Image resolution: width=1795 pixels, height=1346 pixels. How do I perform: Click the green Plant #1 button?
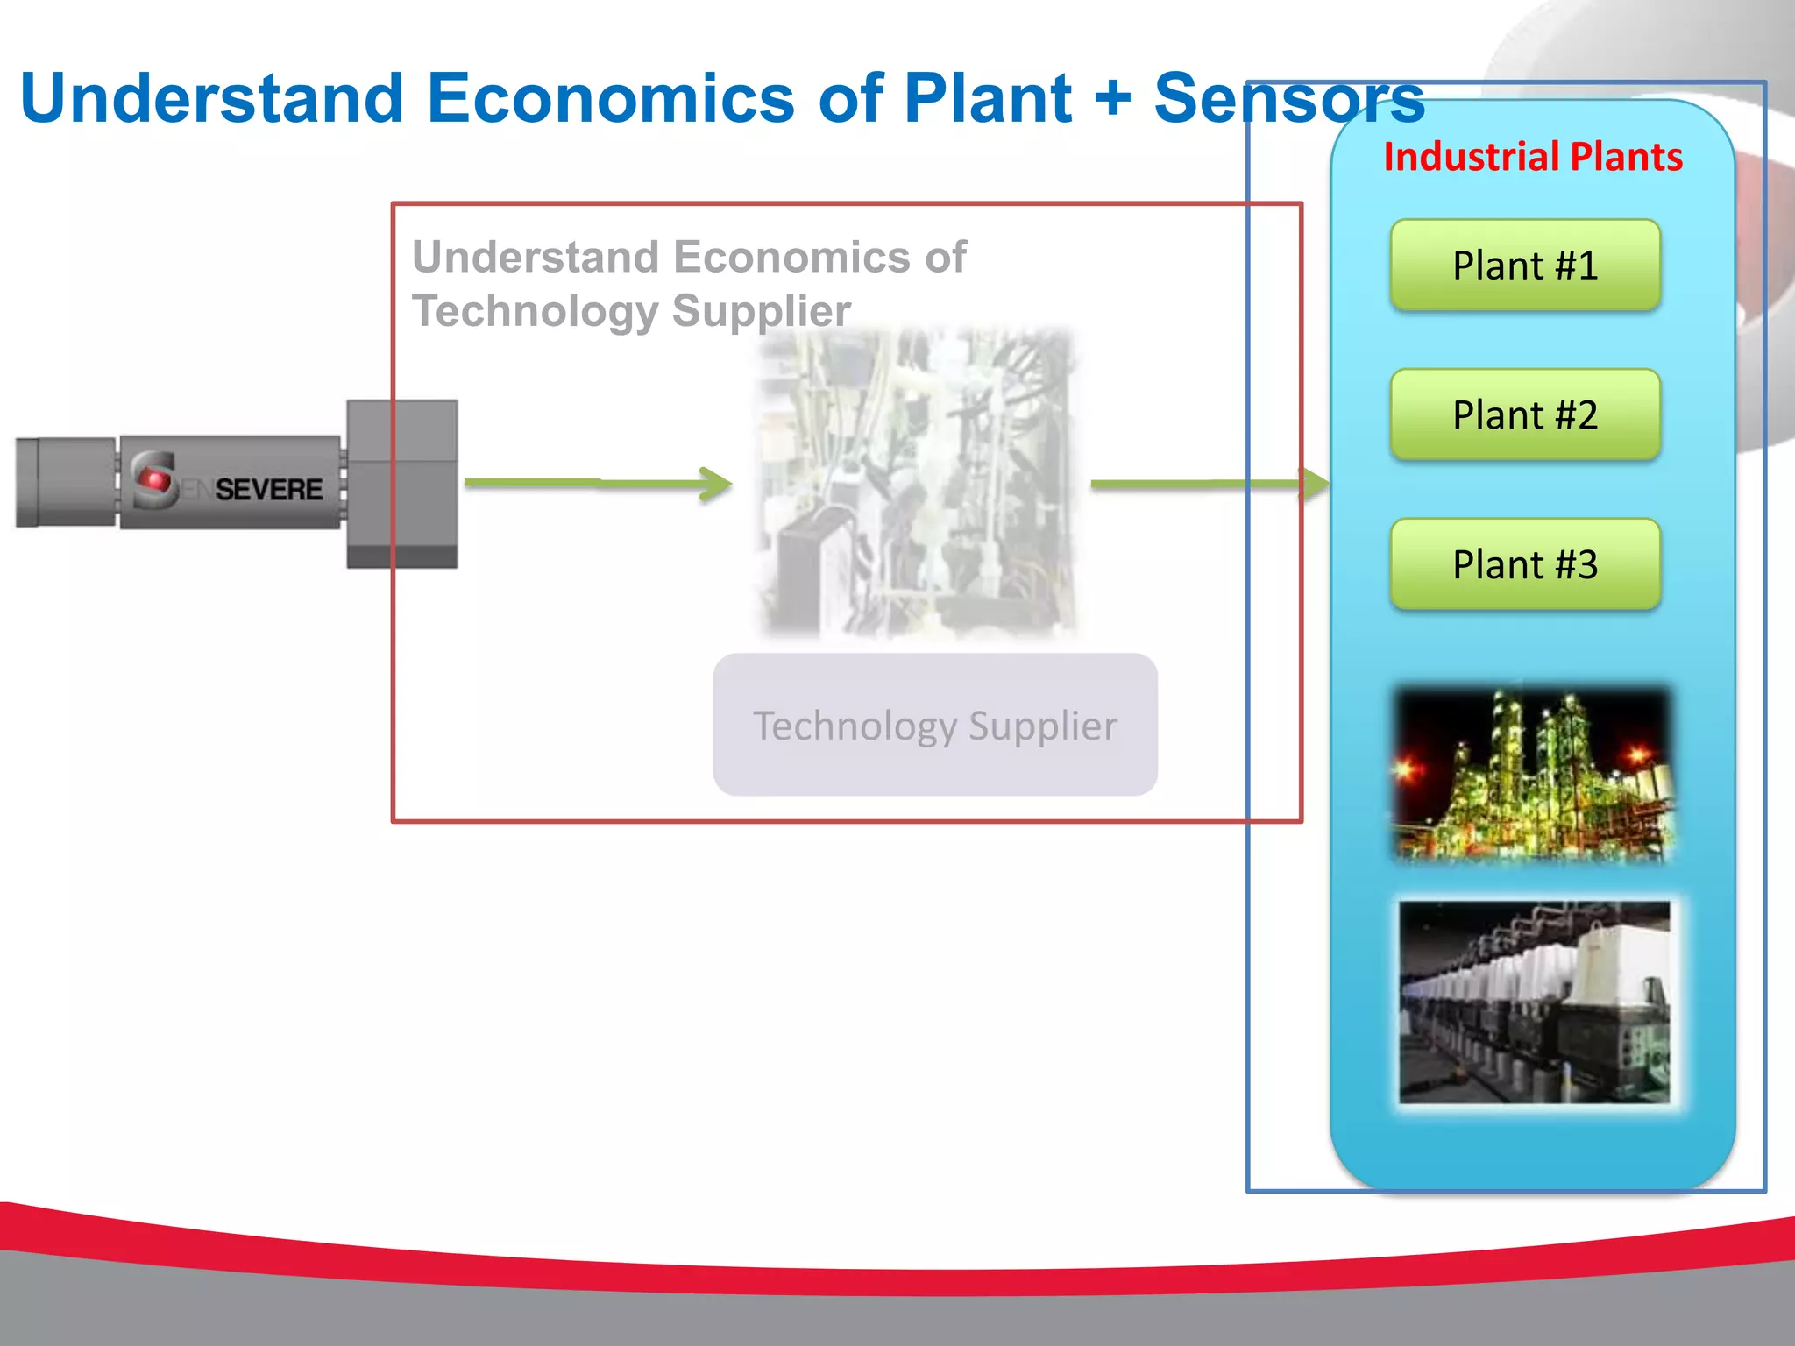[1525, 266]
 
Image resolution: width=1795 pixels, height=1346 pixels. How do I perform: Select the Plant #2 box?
[1525, 414]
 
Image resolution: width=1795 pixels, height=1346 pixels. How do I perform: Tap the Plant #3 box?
[1525, 564]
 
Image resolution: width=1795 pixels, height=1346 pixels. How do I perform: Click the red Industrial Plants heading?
[1533, 157]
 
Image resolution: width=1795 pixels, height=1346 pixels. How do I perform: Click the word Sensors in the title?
[1288, 98]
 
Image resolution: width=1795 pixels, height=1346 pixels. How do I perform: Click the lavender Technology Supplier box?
[935, 725]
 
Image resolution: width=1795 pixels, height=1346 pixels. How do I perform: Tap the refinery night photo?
[1534, 774]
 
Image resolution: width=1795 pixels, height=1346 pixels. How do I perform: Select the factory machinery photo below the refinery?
[1534, 1002]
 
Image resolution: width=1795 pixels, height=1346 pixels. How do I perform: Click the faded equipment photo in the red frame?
[916, 482]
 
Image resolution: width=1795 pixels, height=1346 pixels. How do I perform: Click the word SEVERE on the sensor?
[269, 489]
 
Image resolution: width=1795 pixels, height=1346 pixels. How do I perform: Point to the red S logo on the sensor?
[154, 478]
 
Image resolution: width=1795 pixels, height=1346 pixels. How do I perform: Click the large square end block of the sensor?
[402, 484]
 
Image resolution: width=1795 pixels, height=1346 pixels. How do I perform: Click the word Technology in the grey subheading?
[535, 311]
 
